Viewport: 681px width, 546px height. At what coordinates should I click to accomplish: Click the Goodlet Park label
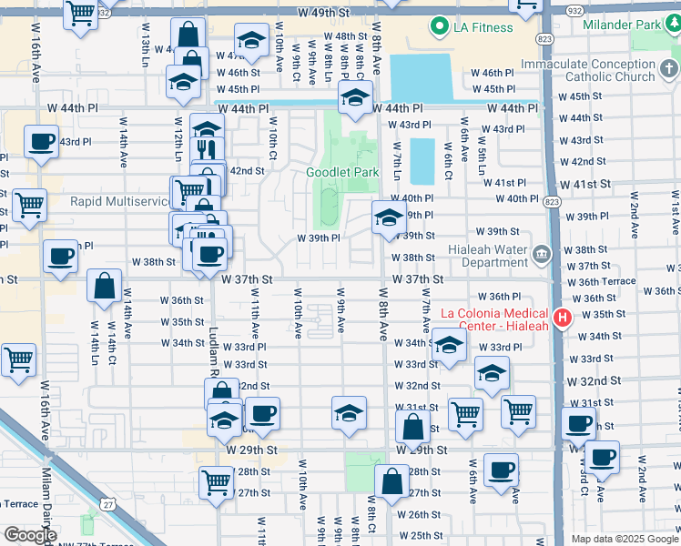click(341, 172)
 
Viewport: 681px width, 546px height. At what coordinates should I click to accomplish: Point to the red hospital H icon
click(562, 318)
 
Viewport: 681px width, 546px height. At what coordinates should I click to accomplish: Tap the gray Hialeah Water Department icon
click(542, 252)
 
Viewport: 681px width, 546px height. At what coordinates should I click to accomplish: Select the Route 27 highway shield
click(108, 504)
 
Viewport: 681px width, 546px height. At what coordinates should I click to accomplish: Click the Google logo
click(30, 535)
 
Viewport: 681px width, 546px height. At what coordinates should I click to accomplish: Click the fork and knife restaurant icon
click(208, 148)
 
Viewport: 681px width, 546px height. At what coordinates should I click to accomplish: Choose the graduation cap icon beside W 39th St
click(388, 217)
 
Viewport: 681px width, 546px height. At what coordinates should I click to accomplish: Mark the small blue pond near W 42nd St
click(422, 161)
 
